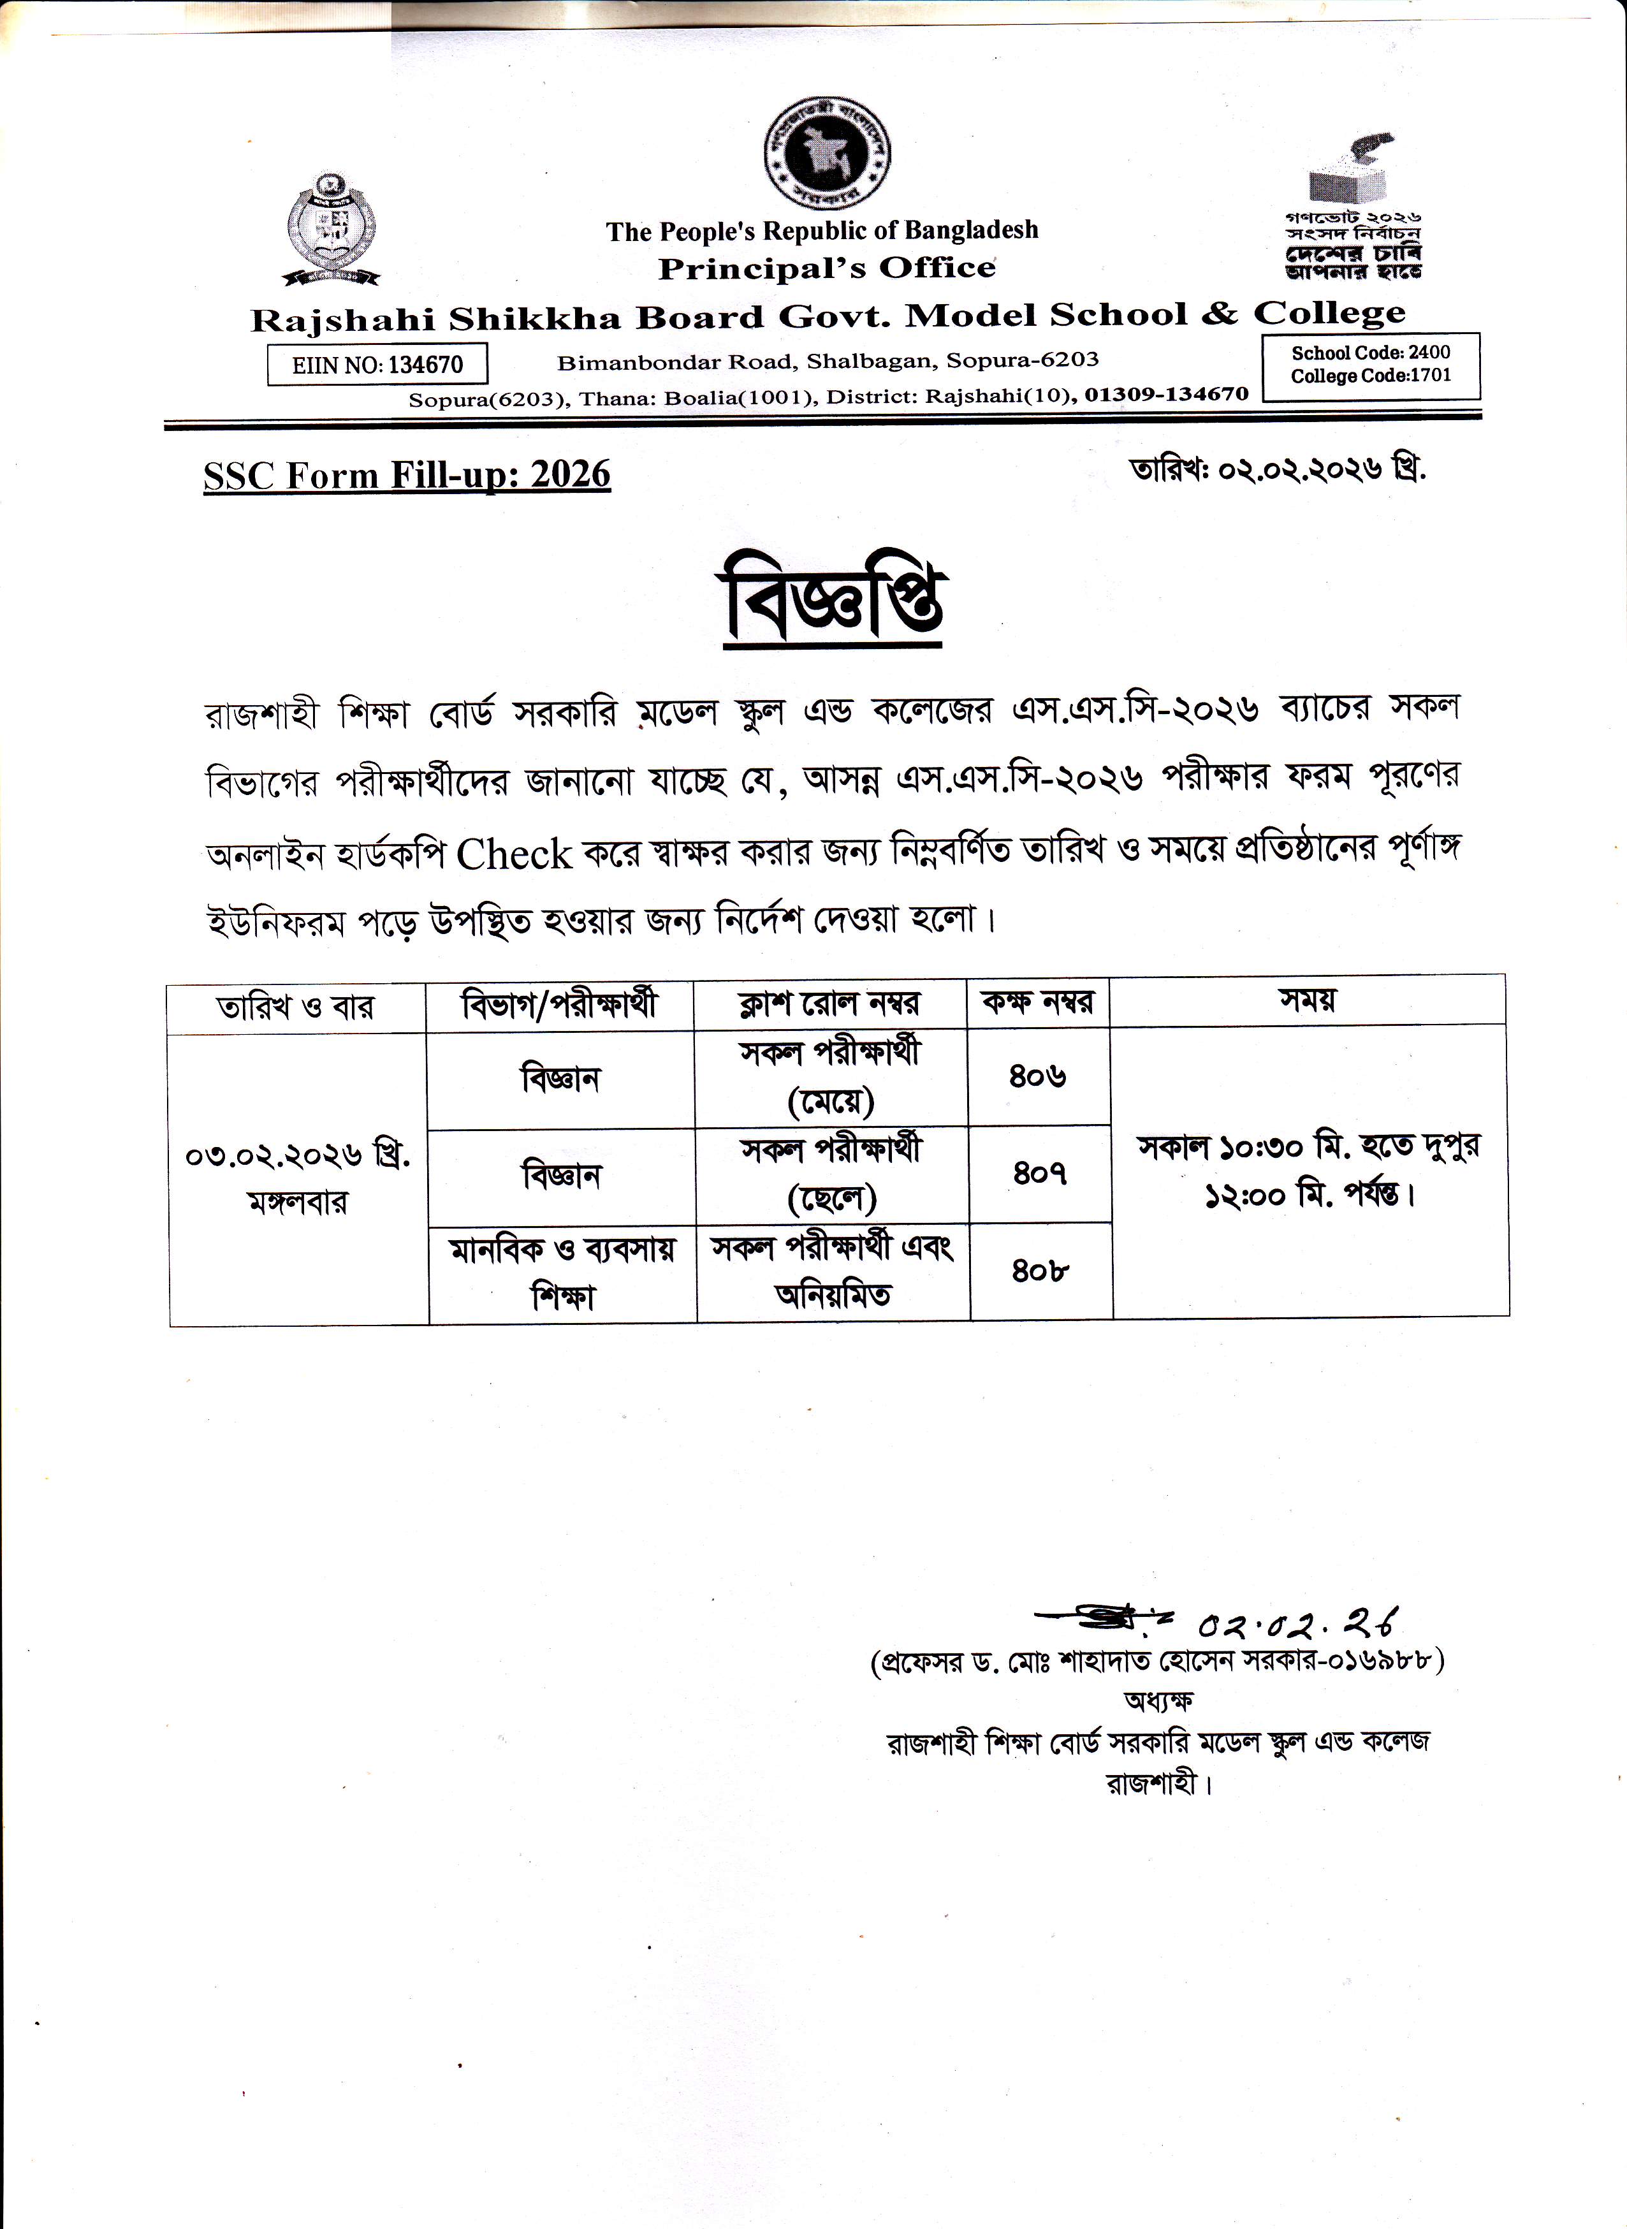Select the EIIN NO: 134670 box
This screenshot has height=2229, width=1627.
[377, 365]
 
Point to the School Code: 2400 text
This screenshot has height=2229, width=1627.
[1370, 353]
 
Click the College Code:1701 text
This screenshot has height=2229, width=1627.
[1370, 376]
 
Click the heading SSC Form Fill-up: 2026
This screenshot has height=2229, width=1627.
[407, 475]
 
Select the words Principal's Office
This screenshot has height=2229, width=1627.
[826, 268]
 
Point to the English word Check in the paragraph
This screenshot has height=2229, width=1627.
[513, 854]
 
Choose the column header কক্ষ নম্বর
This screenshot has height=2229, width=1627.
[1037, 1003]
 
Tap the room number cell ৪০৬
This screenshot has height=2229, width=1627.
[1037, 1076]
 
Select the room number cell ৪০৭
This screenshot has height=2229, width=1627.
[1040, 1173]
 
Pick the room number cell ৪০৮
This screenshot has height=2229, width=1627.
[1040, 1271]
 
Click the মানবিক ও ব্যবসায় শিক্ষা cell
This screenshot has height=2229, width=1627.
[562, 1273]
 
